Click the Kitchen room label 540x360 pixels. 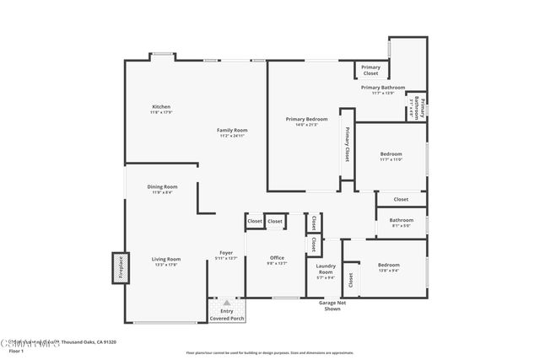pos(161,107)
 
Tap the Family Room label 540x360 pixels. pos(232,131)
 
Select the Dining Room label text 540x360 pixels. pos(162,187)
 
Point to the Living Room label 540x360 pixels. pos(166,260)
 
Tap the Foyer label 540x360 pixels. pos(226,253)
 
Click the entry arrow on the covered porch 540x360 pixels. pos(226,303)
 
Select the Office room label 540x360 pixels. pos(277,258)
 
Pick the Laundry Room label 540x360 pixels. pos(326,269)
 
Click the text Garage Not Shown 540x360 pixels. pos(329,305)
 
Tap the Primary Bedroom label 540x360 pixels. pos(306,120)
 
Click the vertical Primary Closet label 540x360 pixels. pos(347,144)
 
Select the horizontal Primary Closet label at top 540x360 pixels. pos(370,70)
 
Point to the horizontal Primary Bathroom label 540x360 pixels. pos(383,88)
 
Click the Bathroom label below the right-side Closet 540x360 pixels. pos(401,221)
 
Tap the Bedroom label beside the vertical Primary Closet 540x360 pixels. pos(391,154)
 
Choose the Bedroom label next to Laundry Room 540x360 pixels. pos(388,265)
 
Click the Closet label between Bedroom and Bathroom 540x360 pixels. pos(401,200)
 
